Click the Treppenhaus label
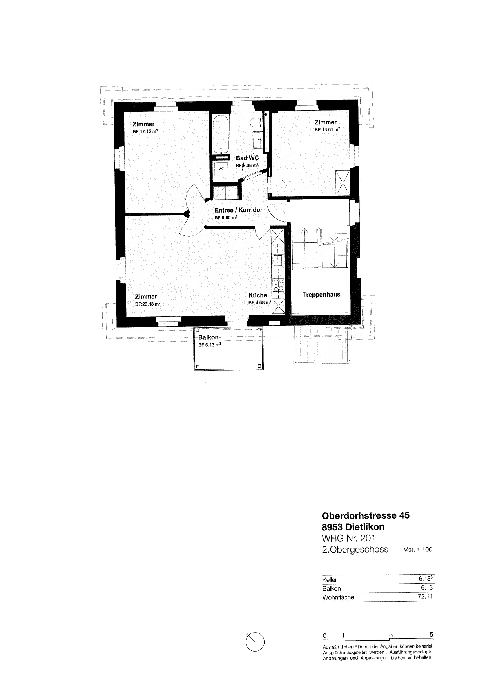point(321,295)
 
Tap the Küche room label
point(258,295)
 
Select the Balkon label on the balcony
point(209,338)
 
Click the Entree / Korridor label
point(239,210)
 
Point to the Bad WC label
point(247,158)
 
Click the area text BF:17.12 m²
point(145,132)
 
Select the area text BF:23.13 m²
point(148,304)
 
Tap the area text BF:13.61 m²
point(327,130)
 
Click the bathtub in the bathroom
point(221,134)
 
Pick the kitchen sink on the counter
point(278,260)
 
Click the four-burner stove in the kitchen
point(278,285)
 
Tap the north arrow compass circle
point(255,642)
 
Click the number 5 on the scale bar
point(431,635)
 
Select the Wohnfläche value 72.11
point(426,597)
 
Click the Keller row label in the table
point(330,580)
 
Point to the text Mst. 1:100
point(417,550)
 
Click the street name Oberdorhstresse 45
point(366,515)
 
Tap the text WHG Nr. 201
point(348,538)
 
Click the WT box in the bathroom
point(221,169)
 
